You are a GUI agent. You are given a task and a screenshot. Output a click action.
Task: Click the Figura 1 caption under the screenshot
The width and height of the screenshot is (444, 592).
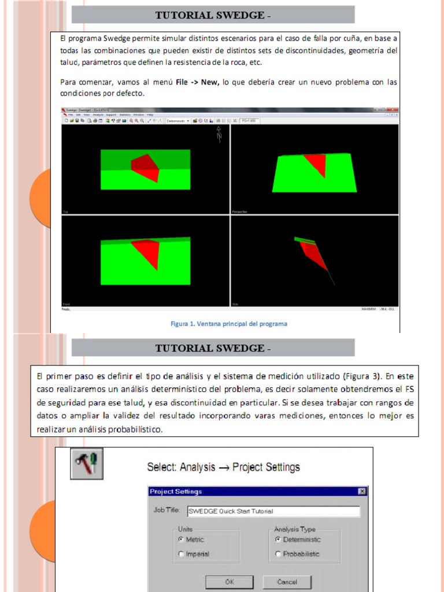pos(228,324)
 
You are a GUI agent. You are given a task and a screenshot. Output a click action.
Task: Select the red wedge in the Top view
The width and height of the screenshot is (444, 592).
pos(146,167)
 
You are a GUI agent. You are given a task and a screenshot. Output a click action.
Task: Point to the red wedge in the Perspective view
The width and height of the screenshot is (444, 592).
pos(316,163)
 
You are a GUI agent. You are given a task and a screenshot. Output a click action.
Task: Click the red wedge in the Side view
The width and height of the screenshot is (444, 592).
pos(313,254)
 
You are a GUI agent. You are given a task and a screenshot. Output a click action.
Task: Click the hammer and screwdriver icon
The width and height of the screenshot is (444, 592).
pos(87,463)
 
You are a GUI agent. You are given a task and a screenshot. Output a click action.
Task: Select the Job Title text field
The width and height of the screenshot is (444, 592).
pos(272,511)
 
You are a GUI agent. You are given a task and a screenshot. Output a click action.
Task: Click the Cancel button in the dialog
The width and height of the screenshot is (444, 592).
pos(287,582)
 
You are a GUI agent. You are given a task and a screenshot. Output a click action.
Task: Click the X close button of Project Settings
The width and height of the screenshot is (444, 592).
pos(362,491)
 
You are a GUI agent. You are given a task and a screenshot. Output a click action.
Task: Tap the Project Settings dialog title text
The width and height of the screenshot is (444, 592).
pos(176,491)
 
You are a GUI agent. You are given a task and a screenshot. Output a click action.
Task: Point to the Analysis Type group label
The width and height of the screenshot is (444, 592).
pos(295,529)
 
